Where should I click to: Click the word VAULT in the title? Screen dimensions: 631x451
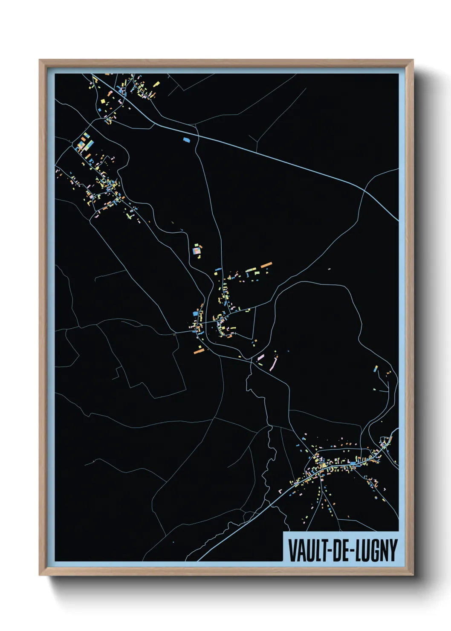(306, 550)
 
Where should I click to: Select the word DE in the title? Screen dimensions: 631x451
(337, 550)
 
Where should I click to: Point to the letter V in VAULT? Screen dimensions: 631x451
(292, 550)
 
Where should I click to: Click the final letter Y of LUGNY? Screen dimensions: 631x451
(393, 550)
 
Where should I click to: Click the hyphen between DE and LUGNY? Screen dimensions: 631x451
(349, 551)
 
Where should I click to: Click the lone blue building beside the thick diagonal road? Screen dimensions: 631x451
(186, 139)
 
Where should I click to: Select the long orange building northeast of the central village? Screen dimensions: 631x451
(266, 265)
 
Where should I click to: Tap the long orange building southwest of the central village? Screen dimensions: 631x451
(199, 351)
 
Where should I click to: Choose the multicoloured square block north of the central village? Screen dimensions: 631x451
(197, 251)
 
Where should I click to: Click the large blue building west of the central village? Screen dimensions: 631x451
(196, 313)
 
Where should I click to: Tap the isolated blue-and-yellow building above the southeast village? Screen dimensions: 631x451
(376, 368)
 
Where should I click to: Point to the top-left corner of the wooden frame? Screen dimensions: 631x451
(40, 60)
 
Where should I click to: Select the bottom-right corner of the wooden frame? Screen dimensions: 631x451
(413, 575)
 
